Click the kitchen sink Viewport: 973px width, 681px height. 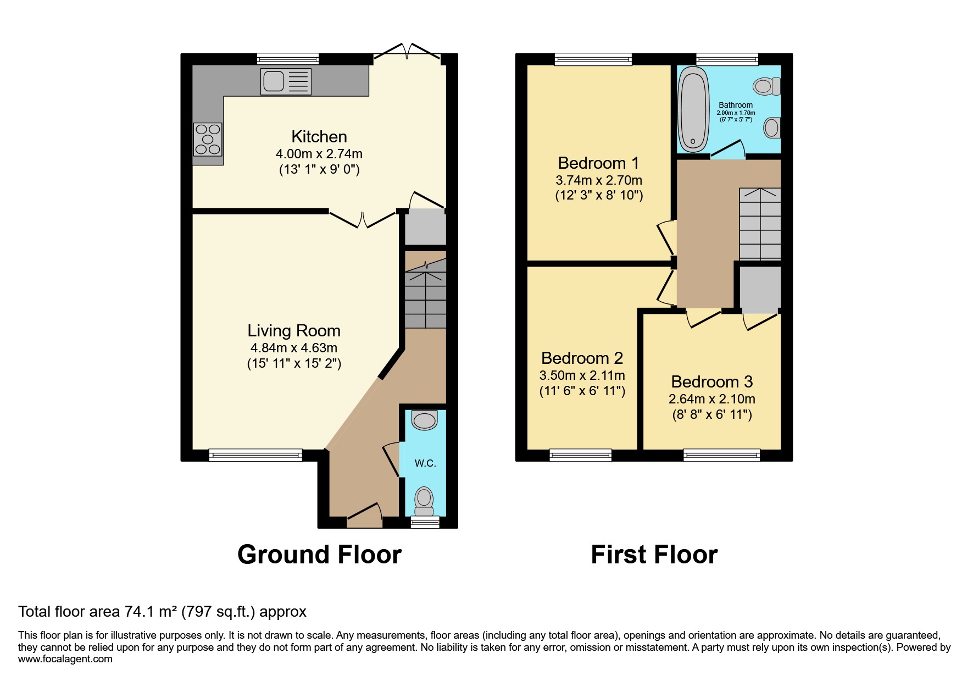(x=285, y=81)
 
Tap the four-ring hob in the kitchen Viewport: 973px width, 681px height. (x=208, y=140)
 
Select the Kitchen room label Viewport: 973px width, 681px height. (x=319, y=136)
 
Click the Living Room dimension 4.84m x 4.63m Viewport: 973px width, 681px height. (x=293, y=348)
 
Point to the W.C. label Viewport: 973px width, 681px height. (x=425, y=463)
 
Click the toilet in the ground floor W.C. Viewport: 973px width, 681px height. (x=424, y=499)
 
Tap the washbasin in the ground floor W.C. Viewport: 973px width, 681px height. (x=424, y=420)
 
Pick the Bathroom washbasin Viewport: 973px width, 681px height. (x=771, y=128)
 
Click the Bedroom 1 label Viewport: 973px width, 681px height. (x=598, y=163)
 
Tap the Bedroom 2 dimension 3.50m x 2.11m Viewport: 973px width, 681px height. (x=582, y=376)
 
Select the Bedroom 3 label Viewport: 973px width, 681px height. (x=711, y=381)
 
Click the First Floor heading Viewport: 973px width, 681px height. (x=654, y=555)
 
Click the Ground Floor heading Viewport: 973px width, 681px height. (x=319, y=555)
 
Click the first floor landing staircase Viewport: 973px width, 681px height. (x=760, y=224)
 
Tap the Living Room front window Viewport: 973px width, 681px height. (x=255, y=455)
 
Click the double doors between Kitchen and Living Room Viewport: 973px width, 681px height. (x=363, y=219)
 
